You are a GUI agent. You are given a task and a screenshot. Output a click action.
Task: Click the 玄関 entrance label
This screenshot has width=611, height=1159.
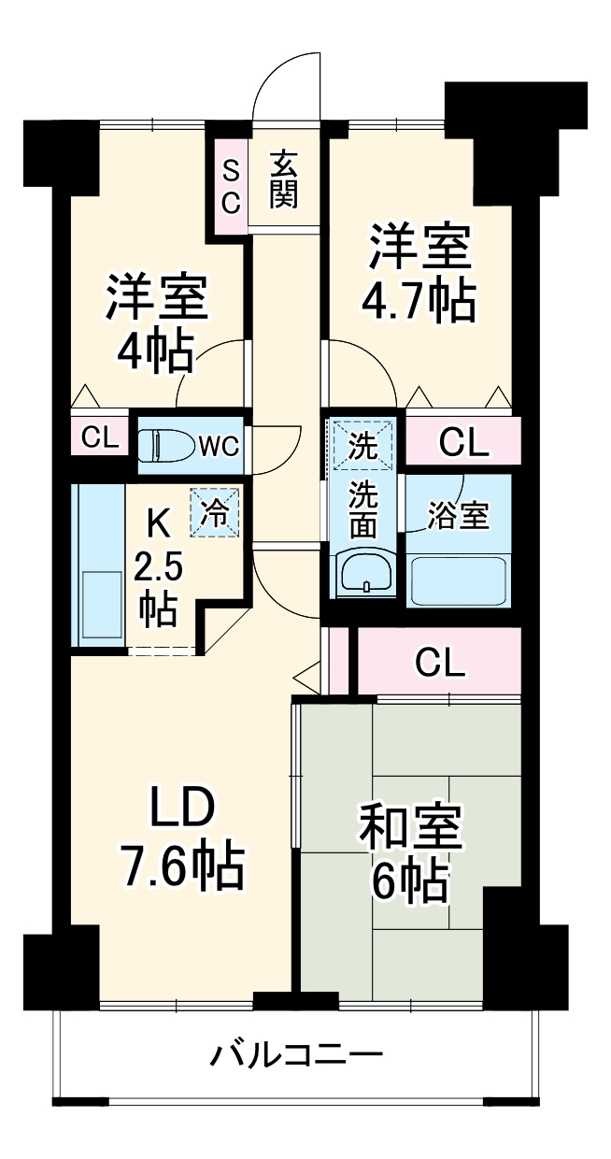pos(285,179)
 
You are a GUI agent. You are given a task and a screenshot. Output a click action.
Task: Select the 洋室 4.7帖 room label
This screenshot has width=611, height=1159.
pos(418,272)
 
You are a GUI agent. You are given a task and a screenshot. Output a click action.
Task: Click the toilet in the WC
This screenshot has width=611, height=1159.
pos(164,445)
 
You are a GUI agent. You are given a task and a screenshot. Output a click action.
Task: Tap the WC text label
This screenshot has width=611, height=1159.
pos(220,446)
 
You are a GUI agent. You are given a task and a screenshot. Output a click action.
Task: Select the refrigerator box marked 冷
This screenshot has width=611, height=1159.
pos(215,513)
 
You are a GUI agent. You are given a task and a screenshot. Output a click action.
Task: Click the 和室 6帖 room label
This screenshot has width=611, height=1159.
pos(410,851)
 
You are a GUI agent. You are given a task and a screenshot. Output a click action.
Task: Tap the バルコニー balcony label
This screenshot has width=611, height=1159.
pos(295,1057)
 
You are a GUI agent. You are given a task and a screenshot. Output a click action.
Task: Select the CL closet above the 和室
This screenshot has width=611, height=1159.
pos(439,662)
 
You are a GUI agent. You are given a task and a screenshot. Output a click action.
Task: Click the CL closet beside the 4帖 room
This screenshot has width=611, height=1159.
pos(100,438)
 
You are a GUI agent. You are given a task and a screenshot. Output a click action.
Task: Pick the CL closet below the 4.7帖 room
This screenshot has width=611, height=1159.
pos(463,442)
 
